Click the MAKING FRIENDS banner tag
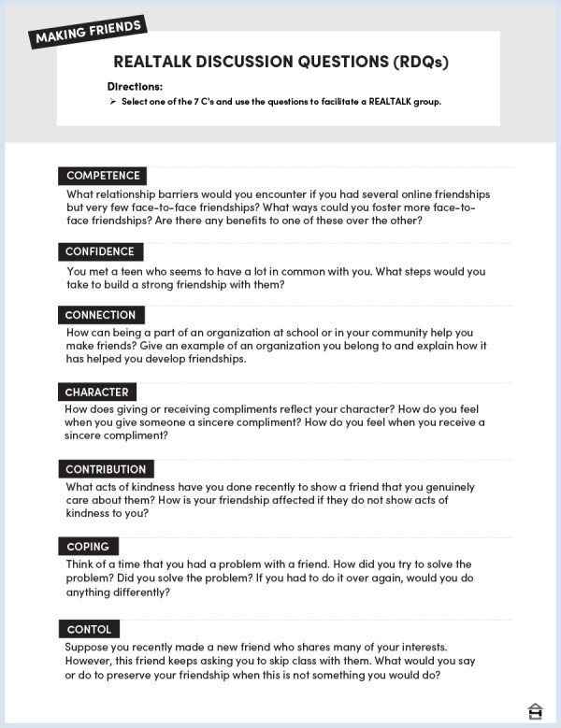[x=90, y=31]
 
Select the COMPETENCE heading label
[x=103, y=176]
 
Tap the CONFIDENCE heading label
[x=100, y=251]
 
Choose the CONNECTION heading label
[x=100, y=315]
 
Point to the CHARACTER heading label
[x=96, y=392]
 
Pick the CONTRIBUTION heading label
[x=106, y=469]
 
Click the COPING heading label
[x=88, y=547]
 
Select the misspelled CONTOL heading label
[x=89, y=629]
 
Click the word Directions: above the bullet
[x=135, y=87]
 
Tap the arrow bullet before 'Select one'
[x=112, y=101]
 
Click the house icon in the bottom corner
[x=536, y=711]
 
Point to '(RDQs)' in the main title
[x=420, y=63]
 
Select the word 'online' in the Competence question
[x=393, y=194]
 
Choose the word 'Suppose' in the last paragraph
[x=90, y=647]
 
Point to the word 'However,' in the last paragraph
[x=92, y=662]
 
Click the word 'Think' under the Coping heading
[x=81, y=565]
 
